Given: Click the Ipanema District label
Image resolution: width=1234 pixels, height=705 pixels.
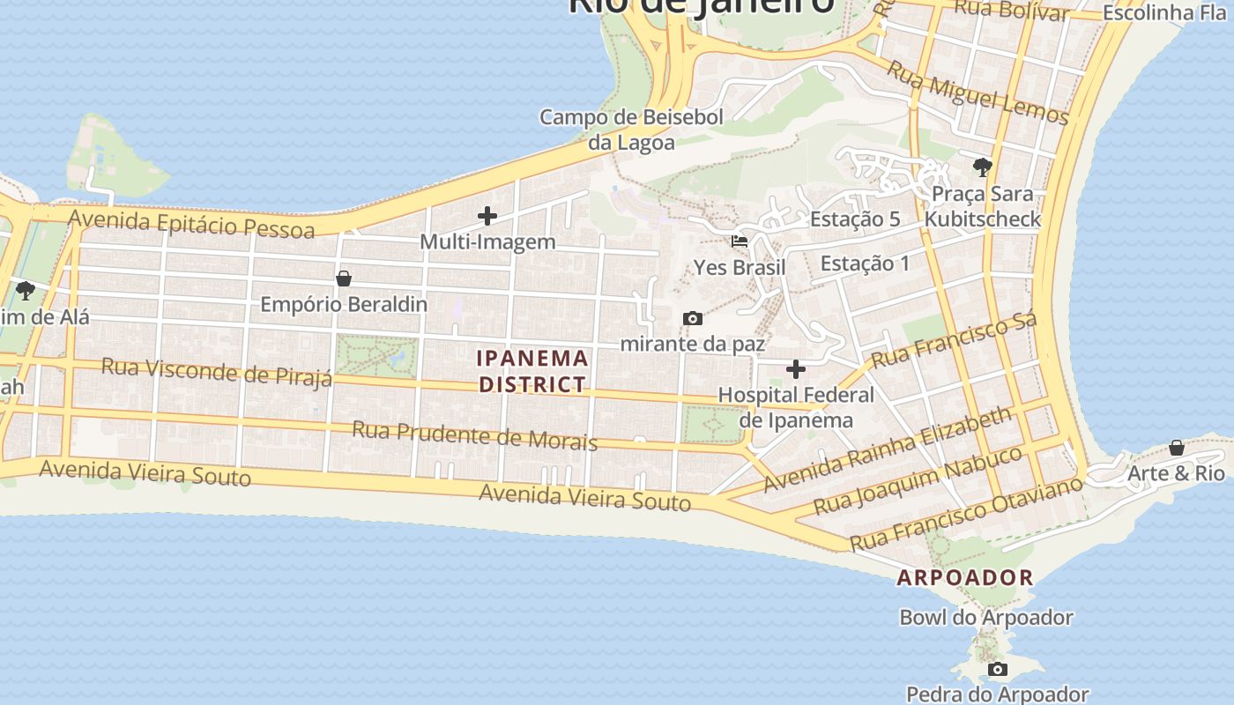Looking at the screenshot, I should pyautogui.click(x=532, y=371).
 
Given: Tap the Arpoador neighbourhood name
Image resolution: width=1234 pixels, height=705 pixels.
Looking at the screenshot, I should pyautogui.click(x=965, y=578).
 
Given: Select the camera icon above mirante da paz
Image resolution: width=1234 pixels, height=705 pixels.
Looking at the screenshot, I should pyautogui.click(x=693, y=318).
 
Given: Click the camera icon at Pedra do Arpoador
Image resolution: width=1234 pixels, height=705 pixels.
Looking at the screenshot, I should pyautogui.click(x=997, y=670).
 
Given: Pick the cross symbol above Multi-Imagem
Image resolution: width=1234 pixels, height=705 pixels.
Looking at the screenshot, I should pyautogui.click(x=487, y=216).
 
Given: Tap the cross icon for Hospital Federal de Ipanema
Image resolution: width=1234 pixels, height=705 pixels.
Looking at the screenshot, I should pyautogui.click(x=796, y=369).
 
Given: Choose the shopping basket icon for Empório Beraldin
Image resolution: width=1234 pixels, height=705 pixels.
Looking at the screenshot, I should pyautogui.click(x=344, y=278).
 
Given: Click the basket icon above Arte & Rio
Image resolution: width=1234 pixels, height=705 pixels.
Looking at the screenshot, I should pyautogui.click(x=1176, y=448).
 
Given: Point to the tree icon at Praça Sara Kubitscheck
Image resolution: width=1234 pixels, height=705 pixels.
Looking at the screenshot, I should pyautogui.click(x=982, y=167).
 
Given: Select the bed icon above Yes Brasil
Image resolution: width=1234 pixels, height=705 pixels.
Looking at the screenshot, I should pyautogui.click(x=740, y=241).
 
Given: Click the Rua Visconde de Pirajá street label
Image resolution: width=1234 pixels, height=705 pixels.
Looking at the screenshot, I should pyautogui.click(x=217, y=371).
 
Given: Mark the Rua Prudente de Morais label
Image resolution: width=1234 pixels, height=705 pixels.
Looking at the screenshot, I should pyautogui.click(x=475, y=435).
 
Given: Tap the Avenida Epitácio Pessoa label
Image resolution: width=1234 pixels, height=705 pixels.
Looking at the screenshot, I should pyautogui.click(x=191, y=224).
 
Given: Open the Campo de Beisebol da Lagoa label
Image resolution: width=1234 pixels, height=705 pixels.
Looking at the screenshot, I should pyautogui.click(x=631, y=130).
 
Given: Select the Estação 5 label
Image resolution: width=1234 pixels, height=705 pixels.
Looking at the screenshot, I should pyautogui.click(x=855, y=219).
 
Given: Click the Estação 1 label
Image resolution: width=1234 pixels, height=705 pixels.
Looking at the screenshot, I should pyautogui.click(x=865, y=263).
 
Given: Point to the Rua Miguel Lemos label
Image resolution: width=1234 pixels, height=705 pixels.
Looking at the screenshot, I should pyautogui.click(x=978, y=93).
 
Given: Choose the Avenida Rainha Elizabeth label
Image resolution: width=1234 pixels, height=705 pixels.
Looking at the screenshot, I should pyautogui.click(x=888, y=449).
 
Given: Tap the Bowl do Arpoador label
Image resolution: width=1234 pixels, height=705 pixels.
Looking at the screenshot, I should pyautogui.click(x=986, y=618).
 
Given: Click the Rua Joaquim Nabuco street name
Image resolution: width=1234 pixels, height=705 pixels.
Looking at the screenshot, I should pyautogui.click(x=918, y=480).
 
